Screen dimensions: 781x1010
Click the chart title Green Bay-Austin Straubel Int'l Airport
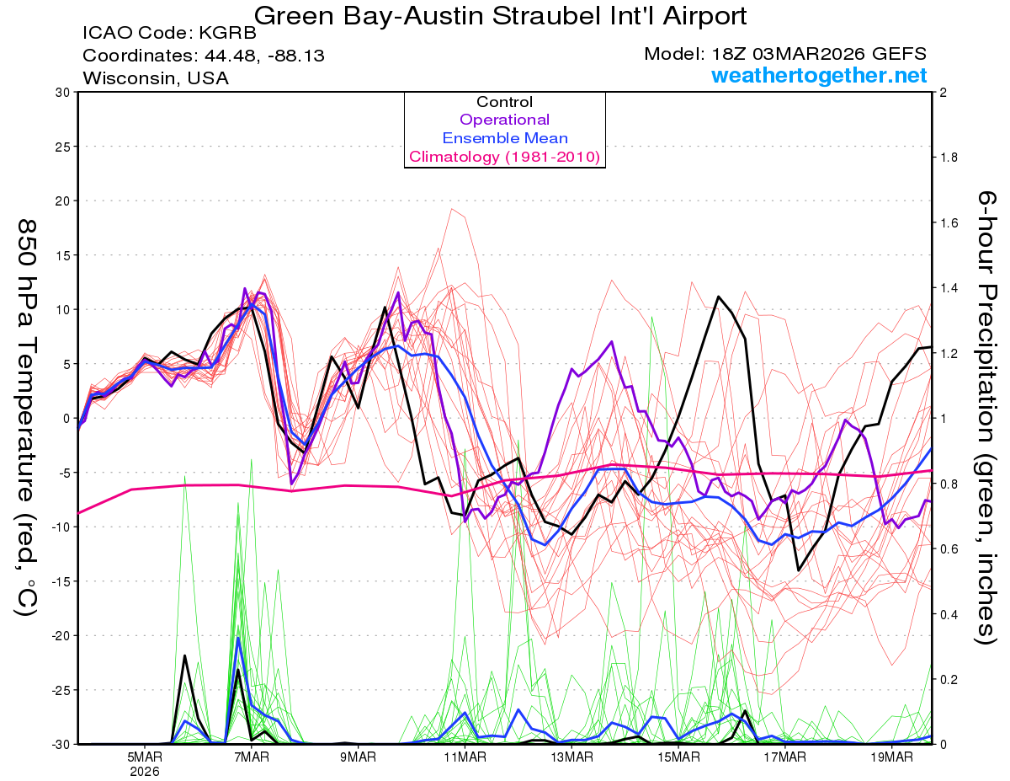click(x=500, y=16)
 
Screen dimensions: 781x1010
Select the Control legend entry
click(x=504, y=102)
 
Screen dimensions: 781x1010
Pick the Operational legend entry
click(x=504, y=120)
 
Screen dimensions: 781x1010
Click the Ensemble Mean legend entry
click(x=504, y=138)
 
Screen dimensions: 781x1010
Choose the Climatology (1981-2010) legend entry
click(x=504, y=157)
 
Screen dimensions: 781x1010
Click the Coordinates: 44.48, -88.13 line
click(x=204, y=56)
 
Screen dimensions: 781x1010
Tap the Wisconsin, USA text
click(x=155, y=78)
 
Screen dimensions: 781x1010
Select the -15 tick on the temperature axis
click(x=61, y=580)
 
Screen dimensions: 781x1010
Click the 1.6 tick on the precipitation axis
click(x=949, y=223)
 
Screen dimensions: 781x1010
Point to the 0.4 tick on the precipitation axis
click(x=949, y=614)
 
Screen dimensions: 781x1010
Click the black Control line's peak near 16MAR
click(x=718, y=297)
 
